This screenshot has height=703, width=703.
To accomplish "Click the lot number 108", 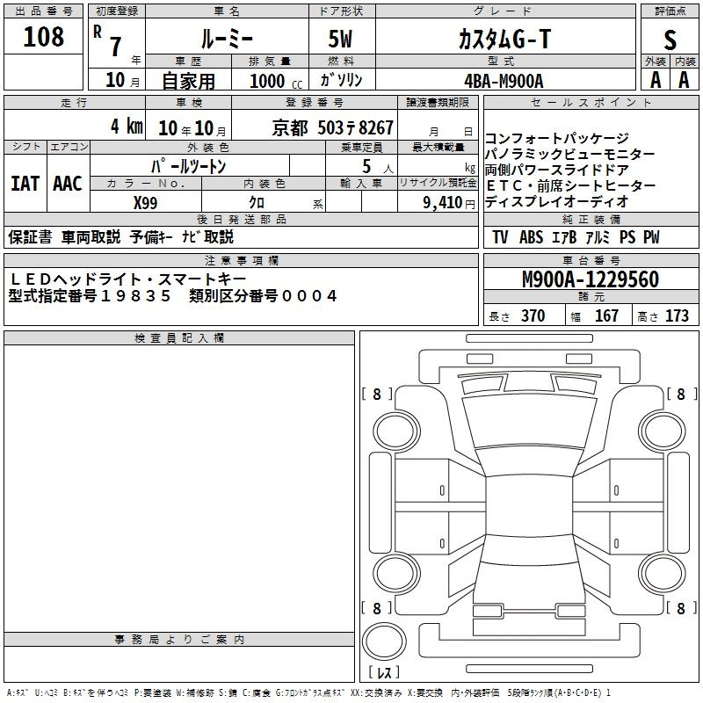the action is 45,37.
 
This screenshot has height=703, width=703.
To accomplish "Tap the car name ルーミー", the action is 226,38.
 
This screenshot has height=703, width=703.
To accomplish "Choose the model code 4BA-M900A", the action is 504,80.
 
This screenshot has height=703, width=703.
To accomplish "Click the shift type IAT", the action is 25,183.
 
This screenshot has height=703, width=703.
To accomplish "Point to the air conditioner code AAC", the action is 68,183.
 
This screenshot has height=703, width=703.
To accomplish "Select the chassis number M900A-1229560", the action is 590,279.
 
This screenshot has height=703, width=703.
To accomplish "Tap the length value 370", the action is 533,316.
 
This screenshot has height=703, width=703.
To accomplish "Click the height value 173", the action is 677,316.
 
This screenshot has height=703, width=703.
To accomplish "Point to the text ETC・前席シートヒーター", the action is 569,185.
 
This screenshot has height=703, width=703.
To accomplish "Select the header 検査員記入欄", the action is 179,338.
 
